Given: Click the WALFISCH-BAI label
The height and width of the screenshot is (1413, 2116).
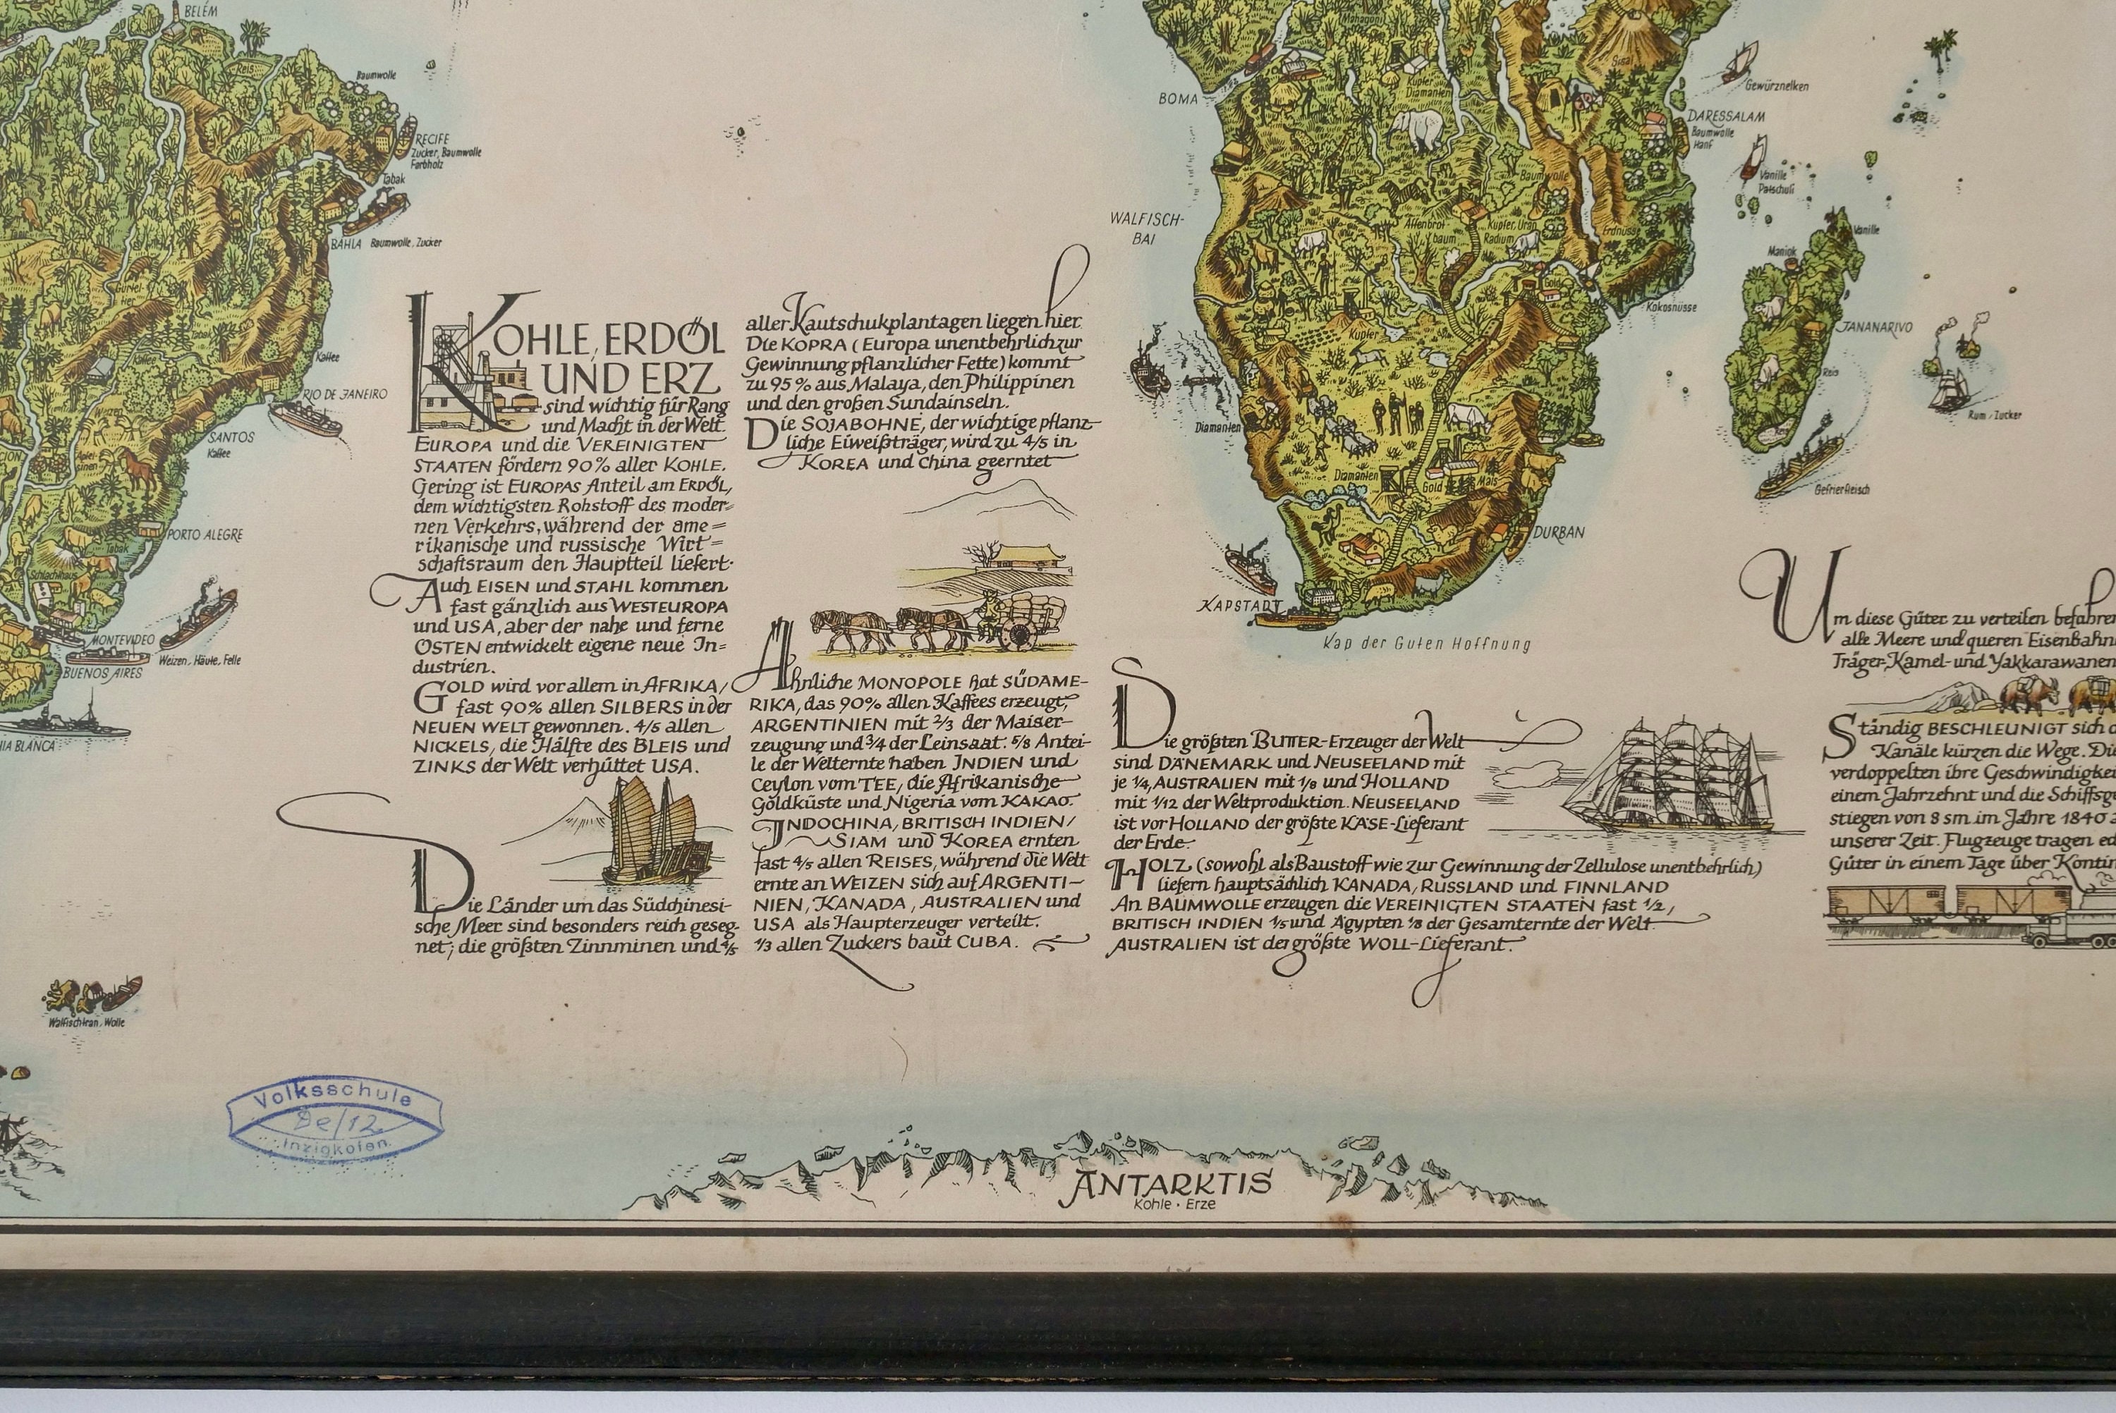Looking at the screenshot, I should [x=1158, y=229].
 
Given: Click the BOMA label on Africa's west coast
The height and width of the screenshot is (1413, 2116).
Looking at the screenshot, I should [x=1181, y=99].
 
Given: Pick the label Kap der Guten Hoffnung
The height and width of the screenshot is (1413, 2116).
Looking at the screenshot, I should [x=1428, y=644].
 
